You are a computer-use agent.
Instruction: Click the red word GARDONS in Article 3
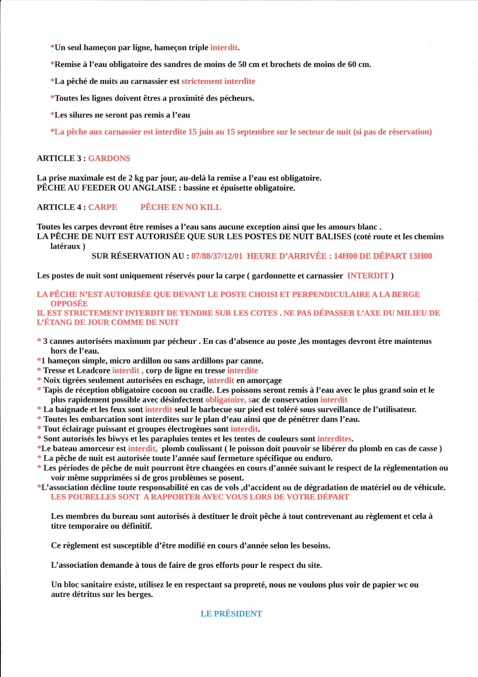click(x=109, y=159)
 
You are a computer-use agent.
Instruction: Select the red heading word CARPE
click(x=103, y=207)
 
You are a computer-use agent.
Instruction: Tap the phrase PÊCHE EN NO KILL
click(x=180, y=207)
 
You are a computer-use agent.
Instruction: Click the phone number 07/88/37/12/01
click(x=217, y=256)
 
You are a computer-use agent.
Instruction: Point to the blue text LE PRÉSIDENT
click(x=231, y=614)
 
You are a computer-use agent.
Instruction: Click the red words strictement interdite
click(x=218, y=81)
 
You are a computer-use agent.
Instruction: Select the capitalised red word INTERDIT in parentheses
click(x=367, y=276)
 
